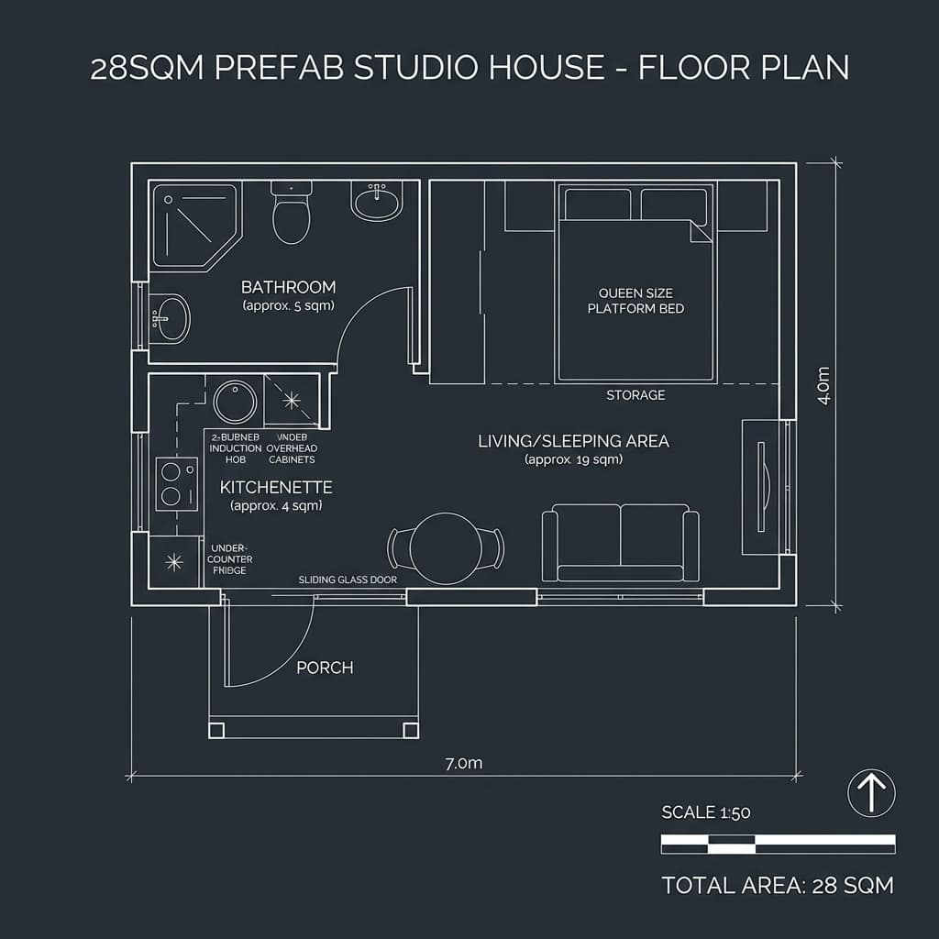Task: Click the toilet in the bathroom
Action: [292, 216]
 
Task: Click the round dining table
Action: [446, 547]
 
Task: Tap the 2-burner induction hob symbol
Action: [176, 483]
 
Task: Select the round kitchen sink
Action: [235, 402]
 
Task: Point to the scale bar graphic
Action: [778, 840]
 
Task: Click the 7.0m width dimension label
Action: [463, 764]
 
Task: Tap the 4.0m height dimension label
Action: [823, 385]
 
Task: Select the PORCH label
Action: [325, 668]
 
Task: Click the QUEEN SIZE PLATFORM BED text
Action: [635, 301]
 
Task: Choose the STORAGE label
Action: [635, 395]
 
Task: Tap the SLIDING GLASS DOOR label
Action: [348, 580]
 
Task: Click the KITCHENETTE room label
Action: [276, 488]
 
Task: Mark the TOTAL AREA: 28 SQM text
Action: [778, 885]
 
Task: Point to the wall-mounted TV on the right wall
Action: [761, 486]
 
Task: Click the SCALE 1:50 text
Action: [706, 812]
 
